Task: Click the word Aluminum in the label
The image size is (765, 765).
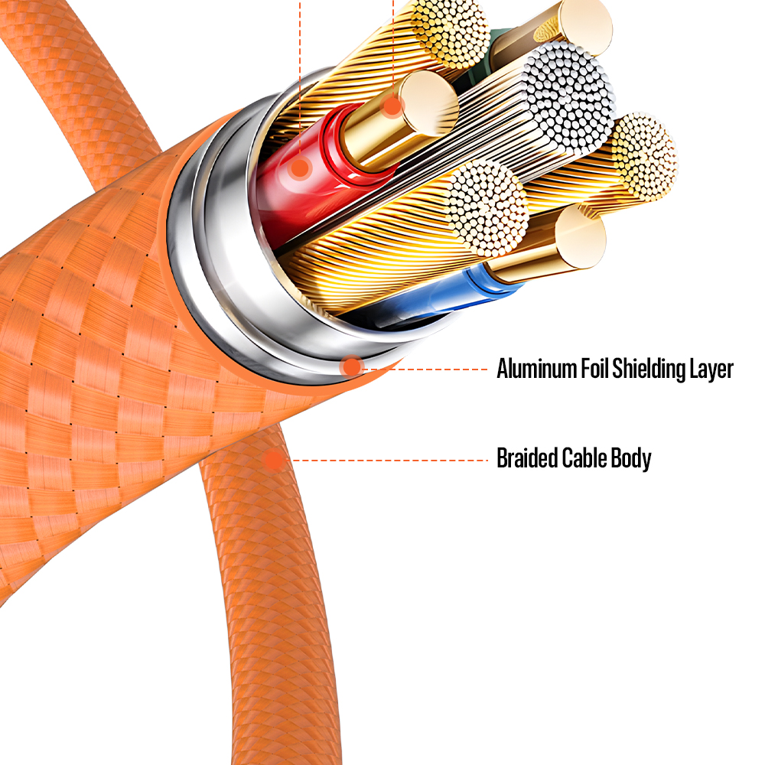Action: [x=538, y=369]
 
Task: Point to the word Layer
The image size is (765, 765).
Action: [x=712, y=369]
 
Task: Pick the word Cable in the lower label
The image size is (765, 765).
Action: [x=584, y=459]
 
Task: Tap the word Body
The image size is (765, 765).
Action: [x=630, y=459]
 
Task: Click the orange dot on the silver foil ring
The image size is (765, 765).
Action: [x=351, y=366]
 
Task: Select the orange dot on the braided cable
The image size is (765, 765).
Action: [x=273, y=460]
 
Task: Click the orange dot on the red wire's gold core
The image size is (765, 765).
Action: [x=392, y=106]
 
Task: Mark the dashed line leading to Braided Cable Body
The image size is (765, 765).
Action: [x=390, y=460]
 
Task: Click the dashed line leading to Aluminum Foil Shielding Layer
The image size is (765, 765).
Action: [x=428, y=369]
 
